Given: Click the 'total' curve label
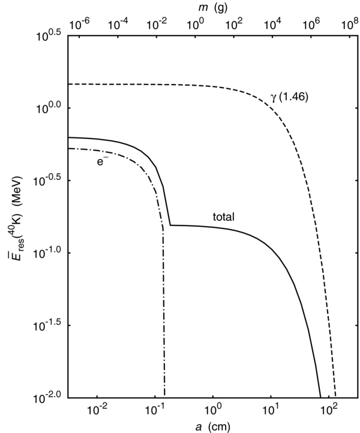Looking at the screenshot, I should point(224,217).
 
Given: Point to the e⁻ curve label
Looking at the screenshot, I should point(102,161).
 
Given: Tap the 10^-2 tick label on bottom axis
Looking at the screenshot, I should point(97,411).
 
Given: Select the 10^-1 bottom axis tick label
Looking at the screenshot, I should point(155,411).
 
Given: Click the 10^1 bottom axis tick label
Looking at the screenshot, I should point(271,411).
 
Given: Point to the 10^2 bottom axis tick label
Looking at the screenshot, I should point(329,411).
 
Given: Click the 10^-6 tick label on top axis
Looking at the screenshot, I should point(80,24).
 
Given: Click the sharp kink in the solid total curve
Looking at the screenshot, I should point(170,225).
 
